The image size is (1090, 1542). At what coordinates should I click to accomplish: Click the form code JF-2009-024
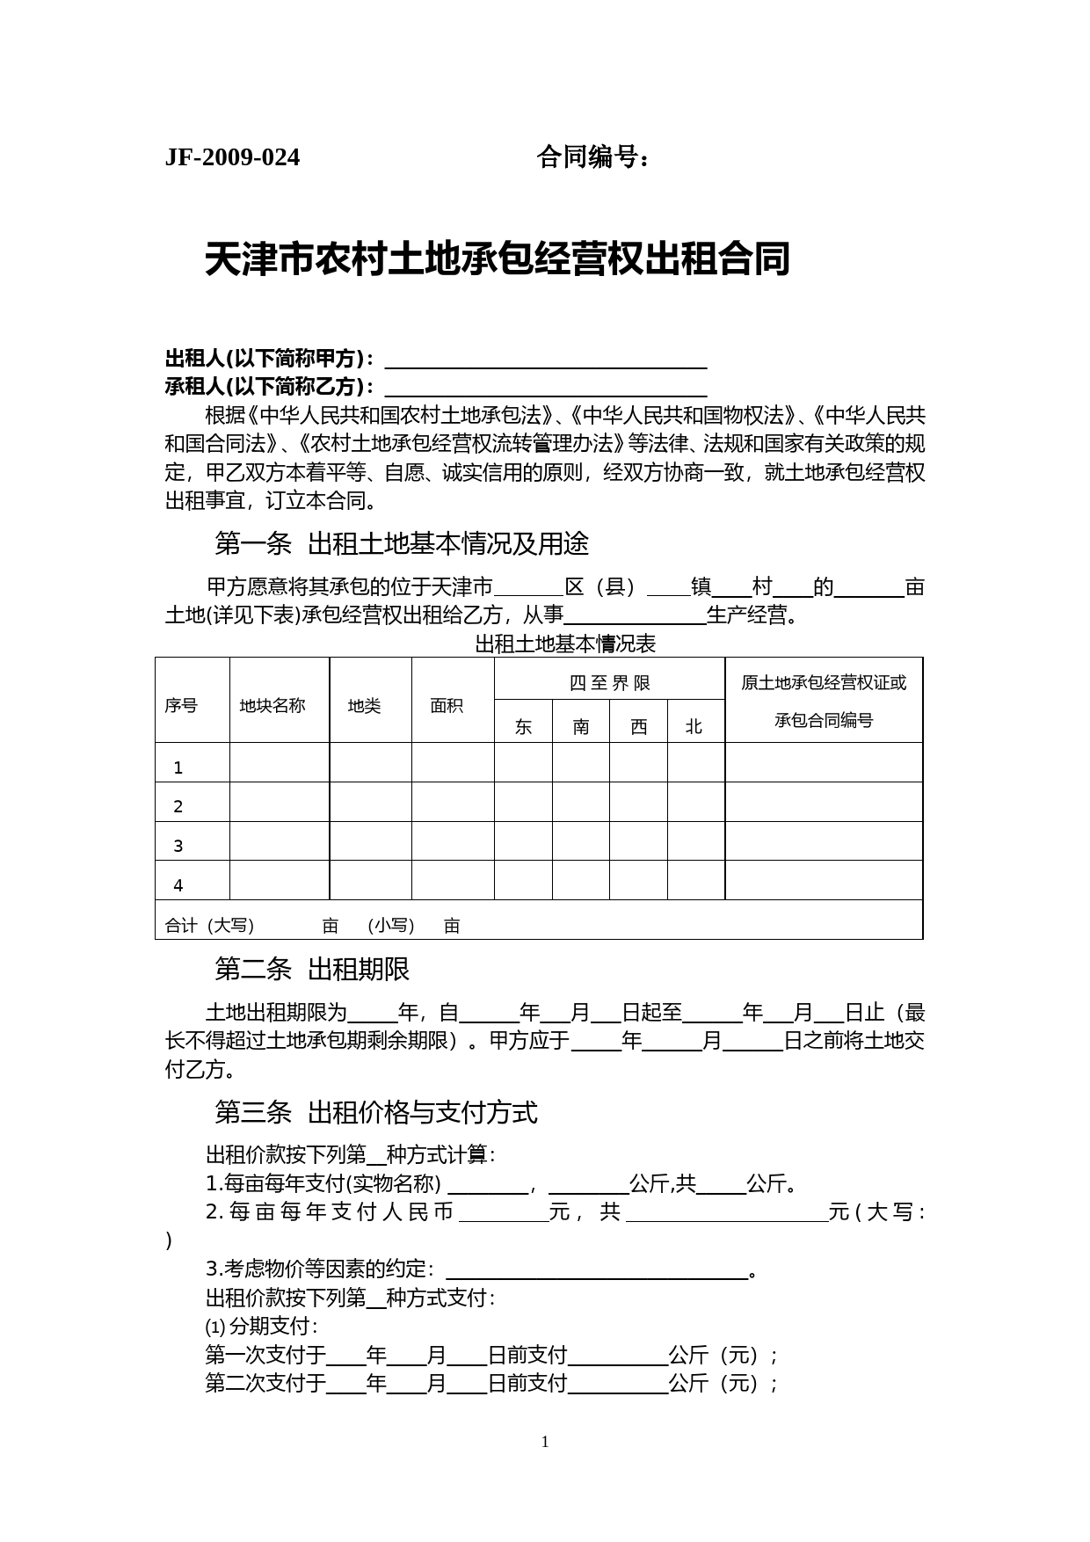(232, 157)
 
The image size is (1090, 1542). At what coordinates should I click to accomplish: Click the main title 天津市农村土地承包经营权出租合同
(498, 260)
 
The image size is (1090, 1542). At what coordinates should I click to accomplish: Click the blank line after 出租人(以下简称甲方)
(546, 360)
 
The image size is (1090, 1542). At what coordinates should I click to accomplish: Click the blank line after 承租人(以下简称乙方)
(546, 389)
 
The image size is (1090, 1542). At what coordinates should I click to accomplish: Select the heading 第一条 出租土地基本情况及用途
(402, 544)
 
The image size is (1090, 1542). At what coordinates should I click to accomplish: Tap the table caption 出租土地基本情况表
(565, 644)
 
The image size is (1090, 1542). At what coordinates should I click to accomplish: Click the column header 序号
(181, 705)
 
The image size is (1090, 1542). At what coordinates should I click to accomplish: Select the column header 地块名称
(272, 705)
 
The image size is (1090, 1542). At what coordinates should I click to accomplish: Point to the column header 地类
(364, 705)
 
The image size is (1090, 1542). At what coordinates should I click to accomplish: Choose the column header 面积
(447, 705)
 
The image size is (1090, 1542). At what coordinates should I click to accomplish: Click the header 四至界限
(609, 683)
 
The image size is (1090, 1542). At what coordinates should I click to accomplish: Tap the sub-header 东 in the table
(523, 727)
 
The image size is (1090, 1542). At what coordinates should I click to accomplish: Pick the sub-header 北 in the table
(694, 727)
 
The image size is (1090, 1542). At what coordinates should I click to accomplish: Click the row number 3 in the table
(178, 846)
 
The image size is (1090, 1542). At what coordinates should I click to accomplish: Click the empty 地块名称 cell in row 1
(280, 762)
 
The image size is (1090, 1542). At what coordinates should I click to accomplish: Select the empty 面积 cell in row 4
(453, 880)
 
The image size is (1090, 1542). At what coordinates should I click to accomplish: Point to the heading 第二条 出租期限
(312, 970)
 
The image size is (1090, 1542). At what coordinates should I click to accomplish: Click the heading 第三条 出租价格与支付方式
(376, 1113)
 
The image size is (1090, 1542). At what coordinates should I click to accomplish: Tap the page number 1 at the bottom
(545, 1442)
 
